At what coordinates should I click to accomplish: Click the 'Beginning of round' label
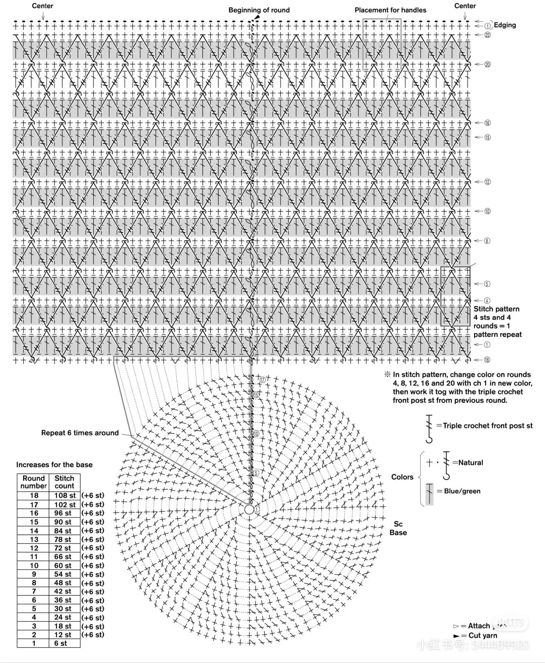[x=259, y=10]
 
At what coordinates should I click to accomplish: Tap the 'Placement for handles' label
[x=390, y=10]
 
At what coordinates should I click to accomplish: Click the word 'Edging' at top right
[x=505, y=25]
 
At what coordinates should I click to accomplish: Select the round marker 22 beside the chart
[x=487, y=35]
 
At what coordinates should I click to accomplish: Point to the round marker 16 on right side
[x=487, y=123]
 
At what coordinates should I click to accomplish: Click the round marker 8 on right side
[x=487, y=241]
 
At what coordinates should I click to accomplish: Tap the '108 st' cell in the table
[x=65, y=496]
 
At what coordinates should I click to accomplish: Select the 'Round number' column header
[x=33, y=482]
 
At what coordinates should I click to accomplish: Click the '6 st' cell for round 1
[x=61, y=643]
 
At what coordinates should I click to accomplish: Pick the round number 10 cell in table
[x=34, y=565]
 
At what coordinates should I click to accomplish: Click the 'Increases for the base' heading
[x=54, y=465]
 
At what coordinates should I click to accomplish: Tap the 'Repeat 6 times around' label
[x=80, y=433]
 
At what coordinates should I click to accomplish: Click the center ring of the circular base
[x=249, y=510]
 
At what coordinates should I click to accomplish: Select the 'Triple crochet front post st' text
[x=487, y=426]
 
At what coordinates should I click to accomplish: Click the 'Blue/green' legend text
[x=462, y=491]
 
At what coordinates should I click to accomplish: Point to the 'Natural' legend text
[x=470, y=463]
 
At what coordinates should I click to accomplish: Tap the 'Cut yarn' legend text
[x=483, y=635]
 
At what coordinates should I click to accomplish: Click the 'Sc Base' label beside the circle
[x=398, y=528]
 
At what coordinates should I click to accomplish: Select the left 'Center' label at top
[x=42, y=6]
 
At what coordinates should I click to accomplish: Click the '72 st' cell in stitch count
[x=62, y=548]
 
